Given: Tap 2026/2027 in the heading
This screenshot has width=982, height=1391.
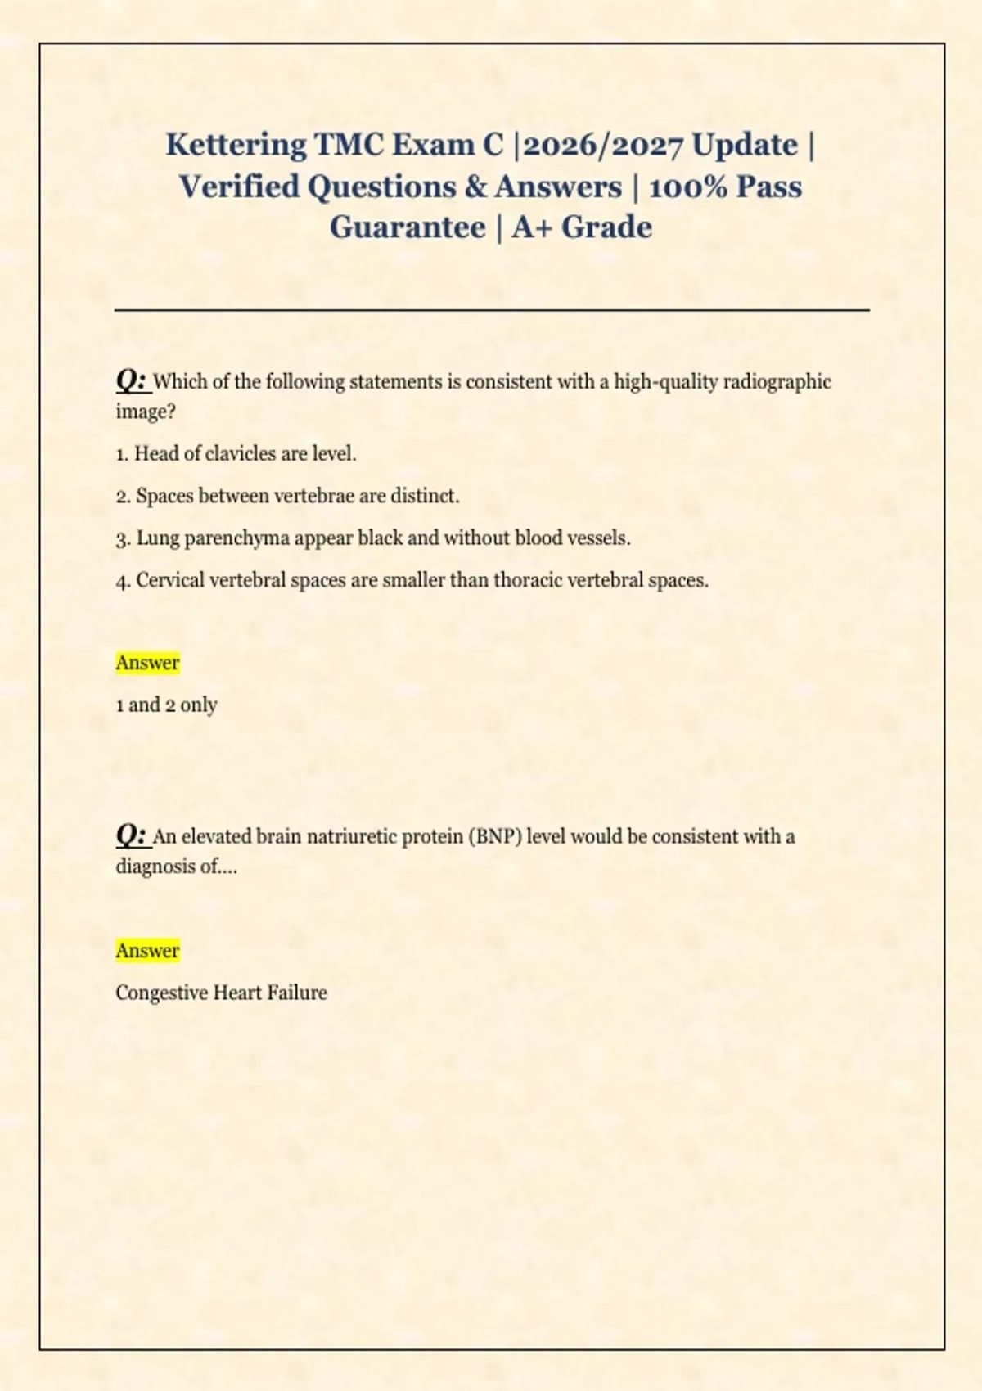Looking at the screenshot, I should click(x=602, y=145).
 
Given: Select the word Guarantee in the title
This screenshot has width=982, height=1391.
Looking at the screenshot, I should click(x=408, y=227).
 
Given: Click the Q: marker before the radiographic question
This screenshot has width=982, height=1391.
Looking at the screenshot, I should click(x=131, y=380).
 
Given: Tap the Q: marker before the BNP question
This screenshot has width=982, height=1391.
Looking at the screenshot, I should click(x=131, y=835).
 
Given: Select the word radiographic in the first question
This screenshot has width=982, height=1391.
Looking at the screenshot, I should click(x=777, y=382).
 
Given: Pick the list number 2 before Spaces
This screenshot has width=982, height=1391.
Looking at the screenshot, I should click(x=123, y=497).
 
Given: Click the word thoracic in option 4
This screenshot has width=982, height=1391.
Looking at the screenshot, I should click(x=528, y=581).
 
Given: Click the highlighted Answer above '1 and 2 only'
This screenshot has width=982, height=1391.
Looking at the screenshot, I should click(x=147, y=663).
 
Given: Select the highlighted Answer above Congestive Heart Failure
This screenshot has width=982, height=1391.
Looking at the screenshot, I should click(x=147, y=951).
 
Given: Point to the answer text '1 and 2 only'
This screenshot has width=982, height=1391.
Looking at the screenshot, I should click(x=166, y=705).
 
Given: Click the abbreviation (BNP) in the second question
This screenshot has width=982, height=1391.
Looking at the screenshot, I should click(x=495, y=837).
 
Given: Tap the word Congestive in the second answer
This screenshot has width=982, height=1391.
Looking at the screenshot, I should click(x=161, y=993).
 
